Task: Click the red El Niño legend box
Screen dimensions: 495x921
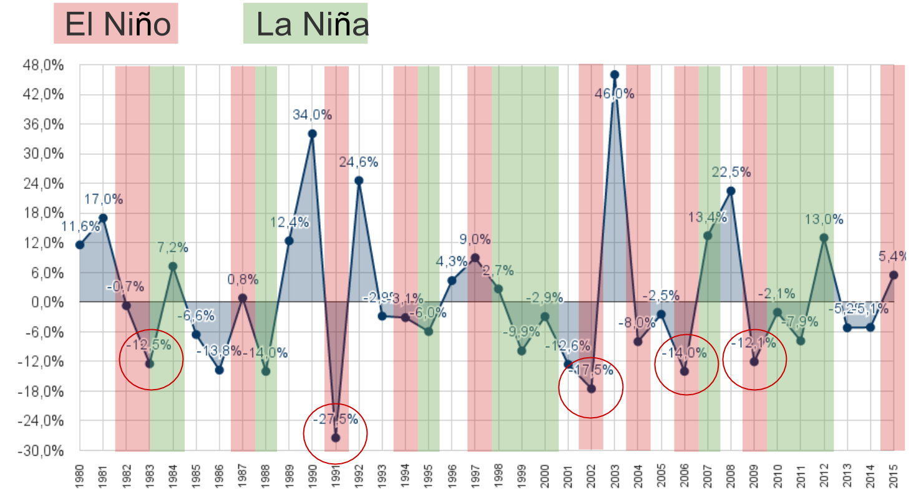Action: click(x=116, y=24)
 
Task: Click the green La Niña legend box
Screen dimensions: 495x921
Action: click(x=306, y=24)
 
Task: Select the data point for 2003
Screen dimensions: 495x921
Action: click(x=615, y=74)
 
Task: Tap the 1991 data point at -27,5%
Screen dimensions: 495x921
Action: click(x=335, y=438)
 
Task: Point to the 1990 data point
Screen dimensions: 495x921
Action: click(x=312, y=133)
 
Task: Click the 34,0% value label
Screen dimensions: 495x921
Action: click(x=312, y=115)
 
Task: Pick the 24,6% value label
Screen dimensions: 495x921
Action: click(x=359, y=162)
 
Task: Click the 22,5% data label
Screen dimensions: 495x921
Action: click(x=731, y=173)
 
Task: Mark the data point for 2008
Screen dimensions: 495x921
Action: click(x=731, y=191)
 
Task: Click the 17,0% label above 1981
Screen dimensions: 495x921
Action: click(x=104, y=200)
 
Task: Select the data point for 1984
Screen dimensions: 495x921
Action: click(x=173, y=266)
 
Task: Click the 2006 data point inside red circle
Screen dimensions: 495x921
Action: click(x=684, y=371)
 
